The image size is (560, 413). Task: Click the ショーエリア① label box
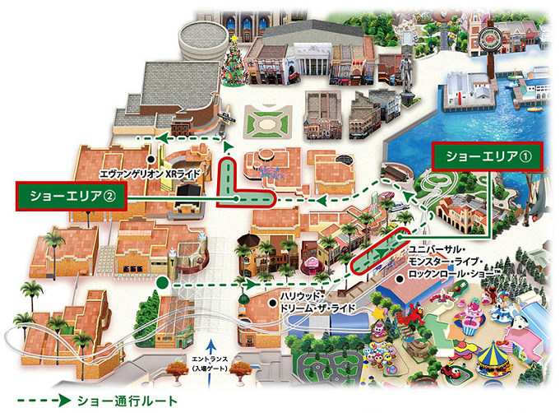[488, 155]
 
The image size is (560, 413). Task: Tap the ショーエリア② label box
[72, 197]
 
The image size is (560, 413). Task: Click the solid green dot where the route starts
[163, 284]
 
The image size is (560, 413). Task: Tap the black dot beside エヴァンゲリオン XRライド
[150, 158]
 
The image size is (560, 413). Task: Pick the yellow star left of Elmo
[380, 313]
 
